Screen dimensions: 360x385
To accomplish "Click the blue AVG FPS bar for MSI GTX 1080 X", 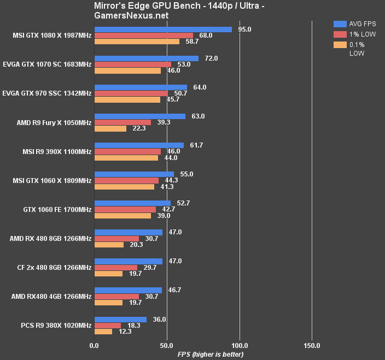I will [x=163, y=29].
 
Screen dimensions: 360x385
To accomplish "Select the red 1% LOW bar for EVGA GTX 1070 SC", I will [x=133, y=64].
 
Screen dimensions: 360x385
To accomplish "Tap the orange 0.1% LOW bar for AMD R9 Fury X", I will [x=110, y=128].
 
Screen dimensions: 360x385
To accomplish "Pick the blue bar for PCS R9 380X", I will [x=120, y=320].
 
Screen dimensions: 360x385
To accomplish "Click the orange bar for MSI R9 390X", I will [x=126, y=158].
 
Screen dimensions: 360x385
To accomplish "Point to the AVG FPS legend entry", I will [x=355, y=23].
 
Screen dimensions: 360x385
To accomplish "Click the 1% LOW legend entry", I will [x=356, y=34].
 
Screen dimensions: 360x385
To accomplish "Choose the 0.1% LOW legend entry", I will [x=356, y=49].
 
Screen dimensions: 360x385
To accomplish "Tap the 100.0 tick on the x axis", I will [x=240, y=345].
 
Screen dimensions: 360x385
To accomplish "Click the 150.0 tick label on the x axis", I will [x=312, y=345].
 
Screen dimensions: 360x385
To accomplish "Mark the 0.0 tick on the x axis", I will [x=94, y=345].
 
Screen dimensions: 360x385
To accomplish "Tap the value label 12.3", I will [x=126, y=332].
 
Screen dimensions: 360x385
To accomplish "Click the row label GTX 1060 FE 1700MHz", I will [x=57, y=209].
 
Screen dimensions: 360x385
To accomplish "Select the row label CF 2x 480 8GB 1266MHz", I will [x=54, y=268].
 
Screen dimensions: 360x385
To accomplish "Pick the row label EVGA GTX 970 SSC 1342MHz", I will [x=47, y=93].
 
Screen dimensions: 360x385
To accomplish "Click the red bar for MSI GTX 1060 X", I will [x=126, y=180].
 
